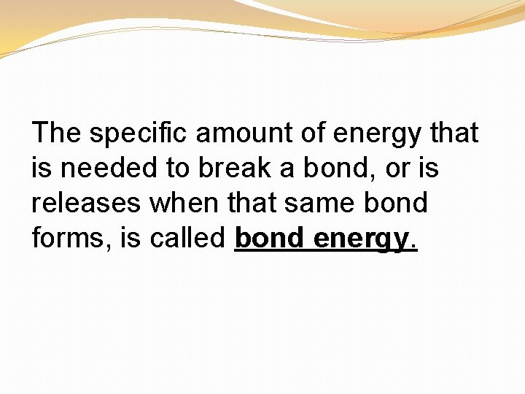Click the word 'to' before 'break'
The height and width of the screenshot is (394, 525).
[178, 169]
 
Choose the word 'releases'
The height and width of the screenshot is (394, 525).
[87, 203]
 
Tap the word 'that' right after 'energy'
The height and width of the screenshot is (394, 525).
[454, 134]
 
